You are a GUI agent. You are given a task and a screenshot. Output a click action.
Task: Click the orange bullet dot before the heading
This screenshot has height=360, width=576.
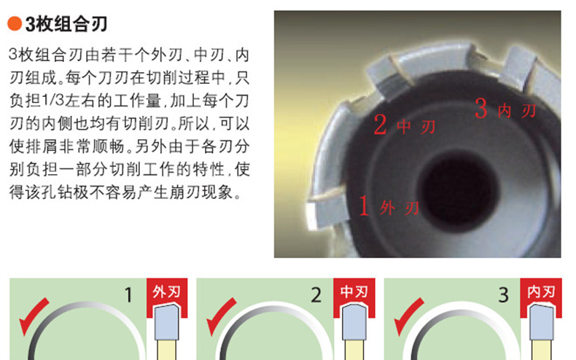coord(15,24)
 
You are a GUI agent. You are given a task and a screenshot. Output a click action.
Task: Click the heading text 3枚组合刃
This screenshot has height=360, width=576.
coord(66,24)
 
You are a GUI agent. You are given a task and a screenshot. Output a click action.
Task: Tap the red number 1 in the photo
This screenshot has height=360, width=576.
coord(364,206)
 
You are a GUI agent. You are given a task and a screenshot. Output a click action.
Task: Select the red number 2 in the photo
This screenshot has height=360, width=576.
coord(380,125)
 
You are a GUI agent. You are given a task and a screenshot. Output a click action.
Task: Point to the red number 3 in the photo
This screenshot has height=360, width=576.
coord(481,108)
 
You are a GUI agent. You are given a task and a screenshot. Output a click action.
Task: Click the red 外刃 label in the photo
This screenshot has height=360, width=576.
coord(400,208)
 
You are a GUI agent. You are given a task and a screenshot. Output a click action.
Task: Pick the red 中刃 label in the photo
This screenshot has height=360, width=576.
coord(416,127)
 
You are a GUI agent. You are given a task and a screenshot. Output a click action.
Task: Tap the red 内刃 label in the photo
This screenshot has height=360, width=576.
coord(517,111)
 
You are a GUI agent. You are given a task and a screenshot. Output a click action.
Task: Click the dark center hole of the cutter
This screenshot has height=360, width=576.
coord(456,192)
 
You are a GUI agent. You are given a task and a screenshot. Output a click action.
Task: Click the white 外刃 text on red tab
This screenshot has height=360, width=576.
coord(167,292)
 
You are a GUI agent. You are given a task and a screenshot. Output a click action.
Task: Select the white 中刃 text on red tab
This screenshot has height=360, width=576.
coord(354,291)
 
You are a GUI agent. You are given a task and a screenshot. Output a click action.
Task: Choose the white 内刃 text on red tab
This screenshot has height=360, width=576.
coord(541,291)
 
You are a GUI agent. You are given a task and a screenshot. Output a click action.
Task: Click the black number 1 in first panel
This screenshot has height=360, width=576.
coord(128,295)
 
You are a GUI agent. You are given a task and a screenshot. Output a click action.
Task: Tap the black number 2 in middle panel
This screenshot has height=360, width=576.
coord(316,295)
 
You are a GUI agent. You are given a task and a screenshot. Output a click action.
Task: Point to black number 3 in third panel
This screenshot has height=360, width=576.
coord(503,295)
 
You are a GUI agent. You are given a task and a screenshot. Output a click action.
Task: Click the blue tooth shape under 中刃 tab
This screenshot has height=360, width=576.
coord(354,322)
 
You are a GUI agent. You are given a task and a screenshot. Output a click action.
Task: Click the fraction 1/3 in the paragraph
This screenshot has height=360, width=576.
coord(53,101)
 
